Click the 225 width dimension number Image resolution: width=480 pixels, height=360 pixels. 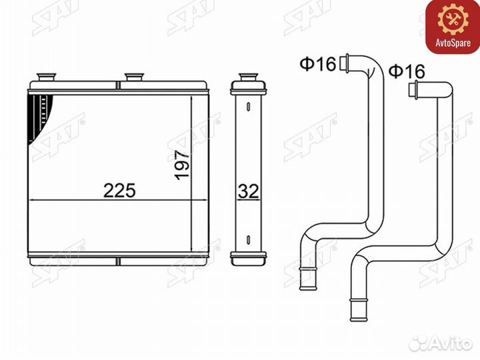[120, 191]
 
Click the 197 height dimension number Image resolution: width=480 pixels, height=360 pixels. [183, 165]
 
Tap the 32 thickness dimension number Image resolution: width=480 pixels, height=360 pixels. [248, 191]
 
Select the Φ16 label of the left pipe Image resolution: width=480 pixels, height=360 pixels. [318, 64]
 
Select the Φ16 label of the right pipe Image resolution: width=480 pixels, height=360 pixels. [407, 71]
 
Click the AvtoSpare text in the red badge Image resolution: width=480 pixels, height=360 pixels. [453, 43]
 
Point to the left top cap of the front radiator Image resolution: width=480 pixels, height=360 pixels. [46, 77]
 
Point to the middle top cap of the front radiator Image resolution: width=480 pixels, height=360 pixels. [134, 77]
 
